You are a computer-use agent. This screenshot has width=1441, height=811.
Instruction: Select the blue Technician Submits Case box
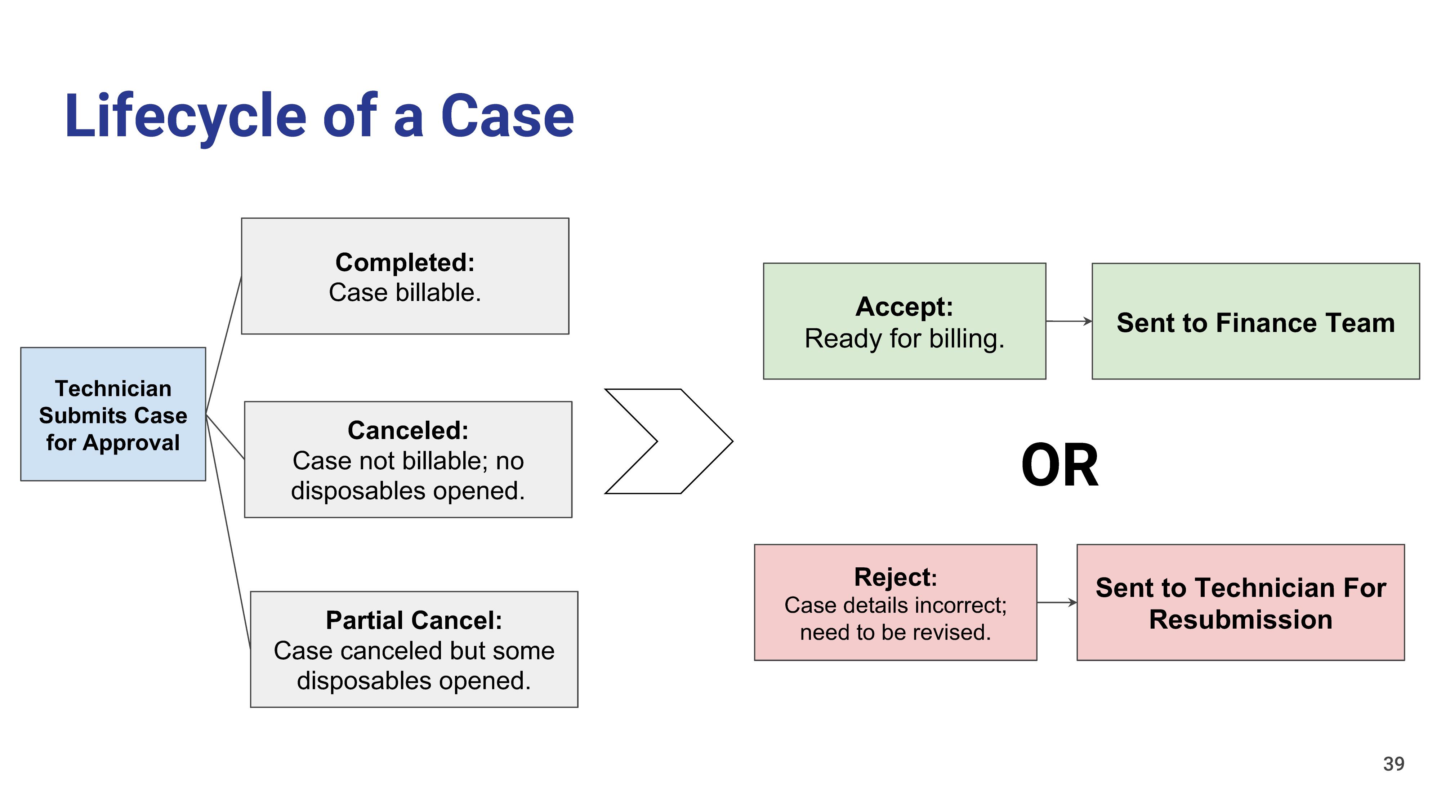(x=113, y=414)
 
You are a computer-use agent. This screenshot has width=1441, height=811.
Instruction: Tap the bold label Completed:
(x=405, y=262)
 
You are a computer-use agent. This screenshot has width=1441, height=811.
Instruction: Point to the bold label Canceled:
(x=408, y=430)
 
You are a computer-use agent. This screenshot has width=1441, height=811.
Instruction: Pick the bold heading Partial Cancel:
(x=414, y=620)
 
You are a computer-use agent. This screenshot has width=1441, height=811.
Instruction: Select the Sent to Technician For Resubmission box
(x=1241, y=602)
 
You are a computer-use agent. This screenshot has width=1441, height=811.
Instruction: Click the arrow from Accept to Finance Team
(x=1069, y=321)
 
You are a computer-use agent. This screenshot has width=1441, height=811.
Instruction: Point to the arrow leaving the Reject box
(x=1057, y=602)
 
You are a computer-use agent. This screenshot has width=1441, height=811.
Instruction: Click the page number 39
(x=1393, y=764)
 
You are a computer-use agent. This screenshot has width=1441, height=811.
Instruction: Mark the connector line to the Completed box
(x=224, y=345)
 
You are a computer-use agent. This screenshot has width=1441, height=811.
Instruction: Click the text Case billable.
(x=405, y=293)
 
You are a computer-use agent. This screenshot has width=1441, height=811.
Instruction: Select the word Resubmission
(x=1241, y=620)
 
